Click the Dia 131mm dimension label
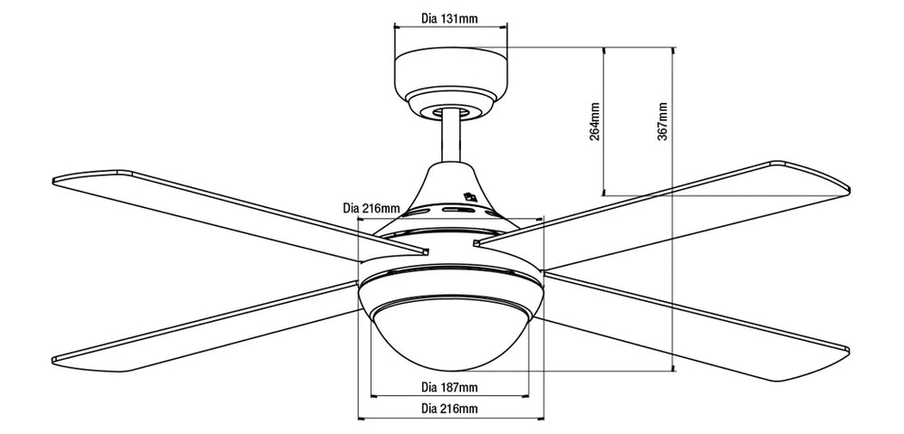tap(450, 18)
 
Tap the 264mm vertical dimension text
tap(595, 120)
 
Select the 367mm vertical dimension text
tap(664, 120)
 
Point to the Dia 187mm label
tap(449, 388)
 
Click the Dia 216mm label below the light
tap(449, 410)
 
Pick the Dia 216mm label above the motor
tap(371, 208)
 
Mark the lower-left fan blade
tap(208, 325)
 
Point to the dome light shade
tap(449, 335)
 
